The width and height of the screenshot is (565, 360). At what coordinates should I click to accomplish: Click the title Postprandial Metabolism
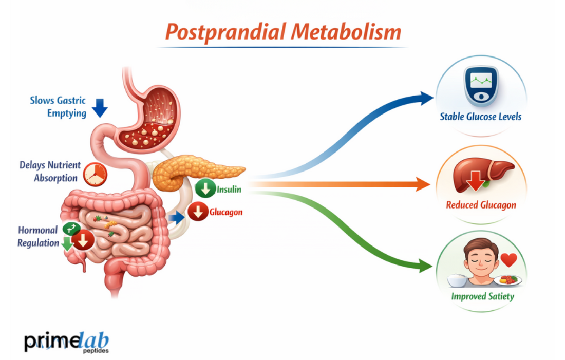(x=284, y=32)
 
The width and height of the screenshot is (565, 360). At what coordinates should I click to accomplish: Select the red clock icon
(x=95, y=174)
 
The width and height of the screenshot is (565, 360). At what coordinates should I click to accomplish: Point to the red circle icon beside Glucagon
(x=198, y=212)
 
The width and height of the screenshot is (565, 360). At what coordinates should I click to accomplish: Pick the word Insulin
(x=229, y=190)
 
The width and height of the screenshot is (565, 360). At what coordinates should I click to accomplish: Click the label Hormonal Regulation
(x=37, y=236)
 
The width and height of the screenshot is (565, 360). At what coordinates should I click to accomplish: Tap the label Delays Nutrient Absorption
(x=50, y=172)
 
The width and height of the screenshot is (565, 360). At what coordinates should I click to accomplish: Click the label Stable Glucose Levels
(x=480, y=117)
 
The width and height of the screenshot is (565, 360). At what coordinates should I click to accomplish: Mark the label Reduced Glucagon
(x=481, y=205)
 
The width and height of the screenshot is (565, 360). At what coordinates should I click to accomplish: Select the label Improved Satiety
(x=482, y=296)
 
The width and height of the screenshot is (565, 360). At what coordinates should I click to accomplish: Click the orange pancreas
(x=195, y=170)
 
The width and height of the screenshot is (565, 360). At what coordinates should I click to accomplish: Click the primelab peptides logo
(x=66, y=342)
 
